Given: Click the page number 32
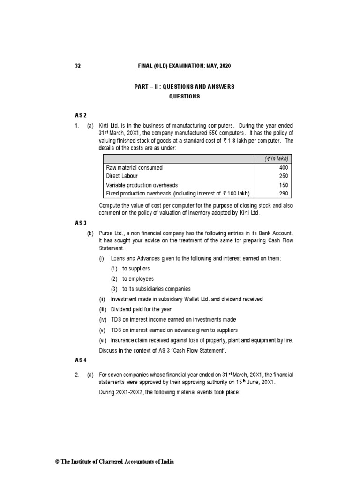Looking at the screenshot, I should [x=78, y=66].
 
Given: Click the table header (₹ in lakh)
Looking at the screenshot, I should [x=277, y=158].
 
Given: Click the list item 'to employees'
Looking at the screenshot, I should [x=138, y=278].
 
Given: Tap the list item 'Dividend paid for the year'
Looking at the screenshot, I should [x=141, y=309].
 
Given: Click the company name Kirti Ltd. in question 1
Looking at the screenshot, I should [x=111, y=126].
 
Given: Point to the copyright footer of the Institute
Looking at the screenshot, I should [x=115, y=462].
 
